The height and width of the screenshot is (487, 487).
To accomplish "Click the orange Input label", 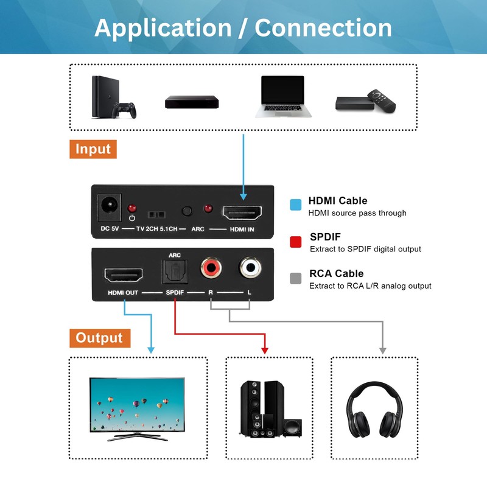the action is click(93, 149).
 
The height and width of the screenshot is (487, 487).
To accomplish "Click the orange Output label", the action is click(99, 338).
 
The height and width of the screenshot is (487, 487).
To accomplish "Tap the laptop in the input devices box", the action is click(282, 96).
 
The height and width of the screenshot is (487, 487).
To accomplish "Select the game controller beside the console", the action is click(127, 111).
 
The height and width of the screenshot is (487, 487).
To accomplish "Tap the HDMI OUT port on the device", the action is click(124, 276).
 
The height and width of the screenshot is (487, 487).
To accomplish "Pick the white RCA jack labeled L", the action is click(250, 267).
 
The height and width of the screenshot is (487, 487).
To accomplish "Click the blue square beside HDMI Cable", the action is click(296, 205).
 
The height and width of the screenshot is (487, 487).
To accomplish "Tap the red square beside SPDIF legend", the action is click(296, 242).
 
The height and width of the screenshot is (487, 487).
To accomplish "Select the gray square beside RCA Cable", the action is click(296, 278).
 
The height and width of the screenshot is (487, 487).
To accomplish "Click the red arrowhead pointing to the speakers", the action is click(265, 350).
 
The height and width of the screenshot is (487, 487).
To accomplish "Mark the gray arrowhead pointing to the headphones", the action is click(383, 350).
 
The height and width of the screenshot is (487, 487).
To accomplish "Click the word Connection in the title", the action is click(323, 28).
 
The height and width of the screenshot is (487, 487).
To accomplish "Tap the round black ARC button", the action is click(187, 211).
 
